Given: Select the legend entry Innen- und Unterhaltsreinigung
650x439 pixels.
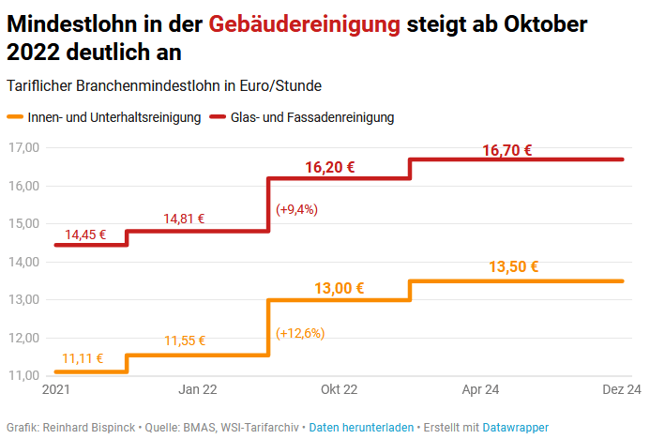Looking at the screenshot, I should (111, 117).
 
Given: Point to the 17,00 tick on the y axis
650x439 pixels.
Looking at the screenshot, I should (23, 147).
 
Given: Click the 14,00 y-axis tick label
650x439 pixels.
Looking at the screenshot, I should (23, 262).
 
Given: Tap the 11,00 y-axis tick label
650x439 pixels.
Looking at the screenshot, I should (23, 375).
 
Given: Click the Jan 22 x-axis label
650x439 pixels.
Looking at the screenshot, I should (198, 389).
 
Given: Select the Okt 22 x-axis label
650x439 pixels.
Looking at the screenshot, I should (339, 389).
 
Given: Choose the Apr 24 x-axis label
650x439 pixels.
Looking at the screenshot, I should (479, 389).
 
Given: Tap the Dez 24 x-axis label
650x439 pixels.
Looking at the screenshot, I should (621, 389).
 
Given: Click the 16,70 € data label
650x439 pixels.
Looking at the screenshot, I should (507, 150).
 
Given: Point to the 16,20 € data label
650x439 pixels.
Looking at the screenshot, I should (330, 168).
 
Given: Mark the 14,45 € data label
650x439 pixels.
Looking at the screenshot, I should (85, 235).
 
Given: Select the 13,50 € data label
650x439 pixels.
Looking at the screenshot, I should (514, 266).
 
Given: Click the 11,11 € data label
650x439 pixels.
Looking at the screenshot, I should (83, 358).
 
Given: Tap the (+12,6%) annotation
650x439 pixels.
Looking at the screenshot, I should (300, 333).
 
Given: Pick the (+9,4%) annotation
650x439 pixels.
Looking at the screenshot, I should (296, 209).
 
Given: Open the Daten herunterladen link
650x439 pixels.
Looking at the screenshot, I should (361, 427).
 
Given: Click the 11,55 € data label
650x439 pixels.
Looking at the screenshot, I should (185, 341).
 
